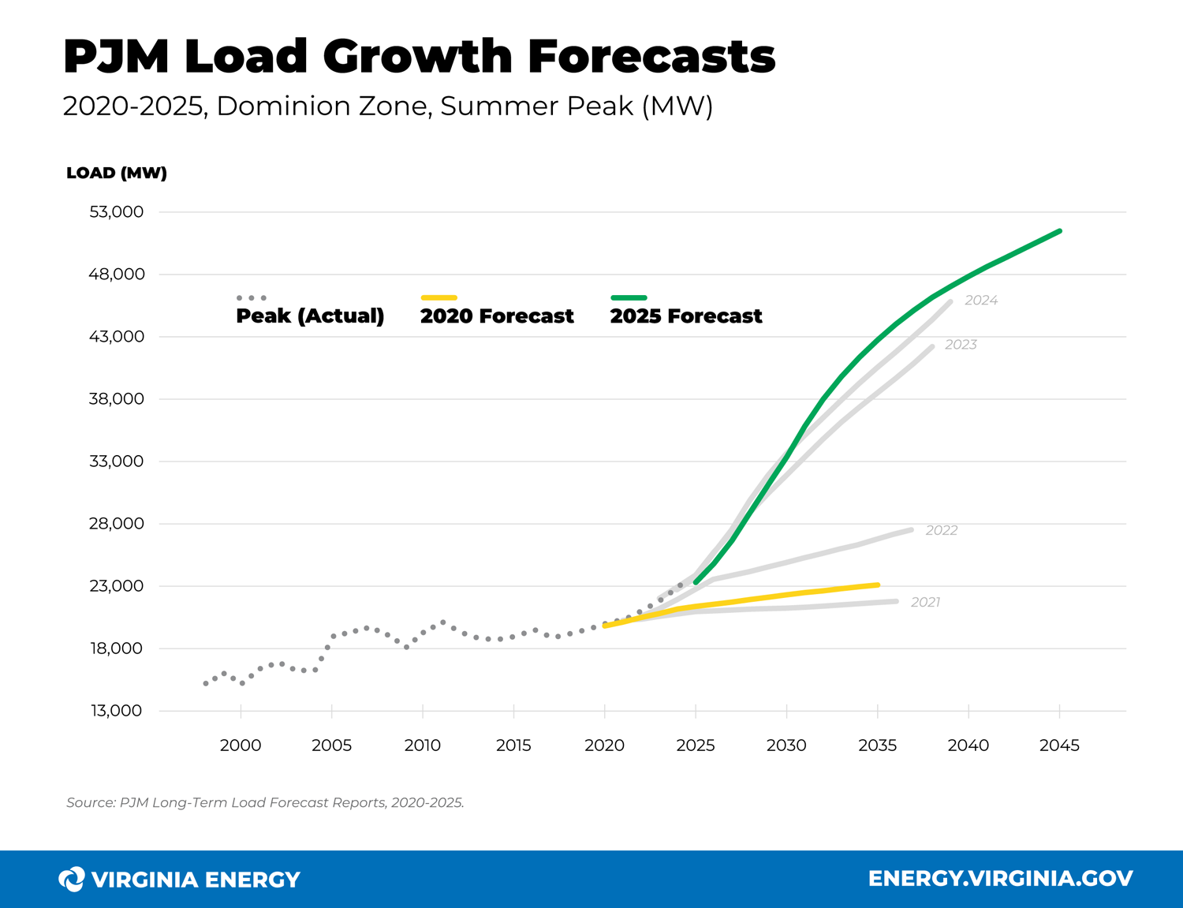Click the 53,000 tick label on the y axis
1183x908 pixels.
[x=116, y=212]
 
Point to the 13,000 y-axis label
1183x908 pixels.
[x=116, y=711]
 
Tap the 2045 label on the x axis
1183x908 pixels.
[x=1059, y=745]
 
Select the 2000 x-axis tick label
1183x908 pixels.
[x=241, y=745]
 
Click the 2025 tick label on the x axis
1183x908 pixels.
[x=696, y=745]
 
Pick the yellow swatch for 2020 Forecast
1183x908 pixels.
[x=438, y=298]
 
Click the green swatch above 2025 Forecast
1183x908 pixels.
[x=629, y=298]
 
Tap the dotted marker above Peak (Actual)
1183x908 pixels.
[x=252, y=298]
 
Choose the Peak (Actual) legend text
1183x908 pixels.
[x=310, y=316]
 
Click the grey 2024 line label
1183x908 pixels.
[x=981, y=301]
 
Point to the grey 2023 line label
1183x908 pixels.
[x=961, y=345]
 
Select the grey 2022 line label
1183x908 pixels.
[x=941, y=531]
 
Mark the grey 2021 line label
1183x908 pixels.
[x=925, y=603]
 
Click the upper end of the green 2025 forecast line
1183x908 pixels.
[x=1059, y=231]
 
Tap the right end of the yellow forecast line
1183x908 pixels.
[x=878, y=585]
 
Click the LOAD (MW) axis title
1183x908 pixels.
[x=117, y=174]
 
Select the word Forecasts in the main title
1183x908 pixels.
[x=651, y=57]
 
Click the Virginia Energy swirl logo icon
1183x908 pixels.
[x=72, y=879]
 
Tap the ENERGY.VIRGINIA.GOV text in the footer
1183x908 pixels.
[x=1000, y=879]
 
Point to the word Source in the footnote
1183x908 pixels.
[x=90, y=803]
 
